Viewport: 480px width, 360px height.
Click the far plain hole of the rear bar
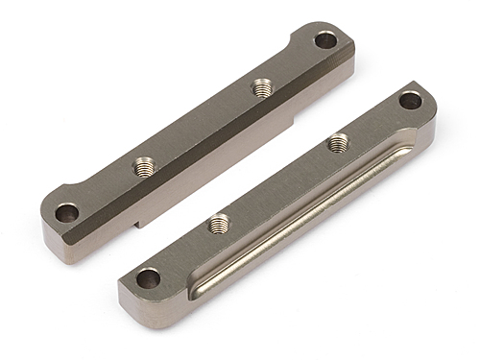click(x=326, y=40)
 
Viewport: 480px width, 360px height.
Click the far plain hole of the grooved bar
click(x=410, y=99)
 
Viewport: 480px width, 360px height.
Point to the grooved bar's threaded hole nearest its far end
click(x=337, y=144)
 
